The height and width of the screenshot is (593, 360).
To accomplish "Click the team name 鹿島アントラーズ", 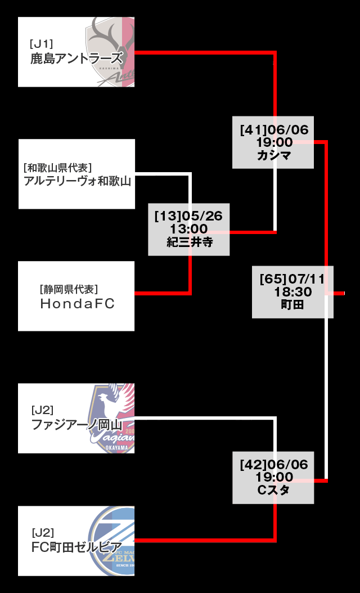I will pos(76,58).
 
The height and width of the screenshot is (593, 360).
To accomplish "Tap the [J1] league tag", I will pos(42,43).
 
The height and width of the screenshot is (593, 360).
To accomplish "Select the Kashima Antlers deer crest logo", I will pos(110,51).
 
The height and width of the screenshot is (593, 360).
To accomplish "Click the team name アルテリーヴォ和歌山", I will pos(77,181).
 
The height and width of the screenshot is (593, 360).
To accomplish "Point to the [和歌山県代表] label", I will pos(58,167).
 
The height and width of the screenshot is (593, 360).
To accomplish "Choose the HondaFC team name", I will pos(77,304).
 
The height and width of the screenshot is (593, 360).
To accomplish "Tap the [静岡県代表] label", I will pos(69,289).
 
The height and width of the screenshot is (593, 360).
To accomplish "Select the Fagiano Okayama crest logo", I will pos(113,418).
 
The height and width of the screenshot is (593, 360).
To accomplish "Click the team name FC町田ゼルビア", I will pos(76,547).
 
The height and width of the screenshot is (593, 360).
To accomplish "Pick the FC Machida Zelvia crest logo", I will pos(113,541).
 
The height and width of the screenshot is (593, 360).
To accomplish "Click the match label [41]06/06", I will pos(274,130).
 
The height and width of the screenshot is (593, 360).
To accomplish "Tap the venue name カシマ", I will pos(274,155).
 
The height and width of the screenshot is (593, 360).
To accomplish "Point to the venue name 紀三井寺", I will pos(189,242).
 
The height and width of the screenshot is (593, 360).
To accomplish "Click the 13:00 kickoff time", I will pos(189,229).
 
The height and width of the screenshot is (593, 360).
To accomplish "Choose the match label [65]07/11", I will pos(292,279).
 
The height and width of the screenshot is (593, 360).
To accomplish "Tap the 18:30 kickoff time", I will pos(292,292).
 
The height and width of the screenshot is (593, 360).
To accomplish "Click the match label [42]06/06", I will pos(274,465).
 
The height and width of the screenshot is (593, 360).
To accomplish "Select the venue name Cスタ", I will pos(274,490).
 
